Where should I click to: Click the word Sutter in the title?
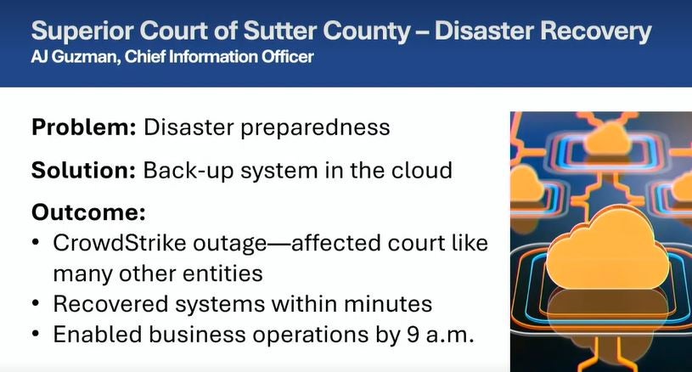[x=281, y=31]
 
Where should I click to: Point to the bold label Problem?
[x=84, y=127]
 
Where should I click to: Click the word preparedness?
[x=315, y=127]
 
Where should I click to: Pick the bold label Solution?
[x=83, y=170]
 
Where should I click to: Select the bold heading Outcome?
[x=88, y=212]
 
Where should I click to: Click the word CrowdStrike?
[x=119, y=243]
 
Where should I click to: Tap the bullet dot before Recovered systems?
[x=37, y=304]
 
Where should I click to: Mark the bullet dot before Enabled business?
[x=37, y=334]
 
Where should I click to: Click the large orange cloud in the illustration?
[x=607, y=249]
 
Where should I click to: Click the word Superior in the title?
[x=82, y=31]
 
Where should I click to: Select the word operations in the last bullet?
[x=310, y=335]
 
